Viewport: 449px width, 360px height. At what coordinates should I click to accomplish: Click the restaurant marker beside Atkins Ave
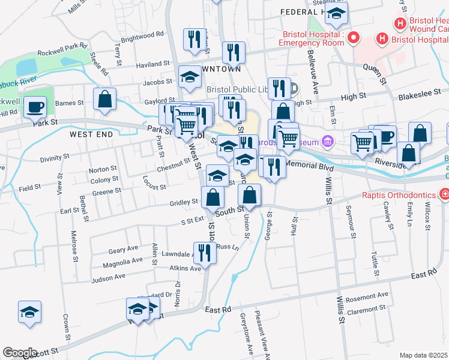[205, 252]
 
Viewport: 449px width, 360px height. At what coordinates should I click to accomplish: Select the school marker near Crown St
[28, 311]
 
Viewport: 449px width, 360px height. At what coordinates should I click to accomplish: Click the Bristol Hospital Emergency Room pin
[353, 39]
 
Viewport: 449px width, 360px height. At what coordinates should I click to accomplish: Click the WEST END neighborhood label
[91, 134]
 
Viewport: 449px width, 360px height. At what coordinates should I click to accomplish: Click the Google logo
[20, 352]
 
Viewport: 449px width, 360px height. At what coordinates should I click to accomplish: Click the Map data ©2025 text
[424, 355]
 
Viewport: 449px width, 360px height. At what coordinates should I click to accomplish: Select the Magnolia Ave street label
[122, 260]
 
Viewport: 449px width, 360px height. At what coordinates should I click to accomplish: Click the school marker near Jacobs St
[190, 77]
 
